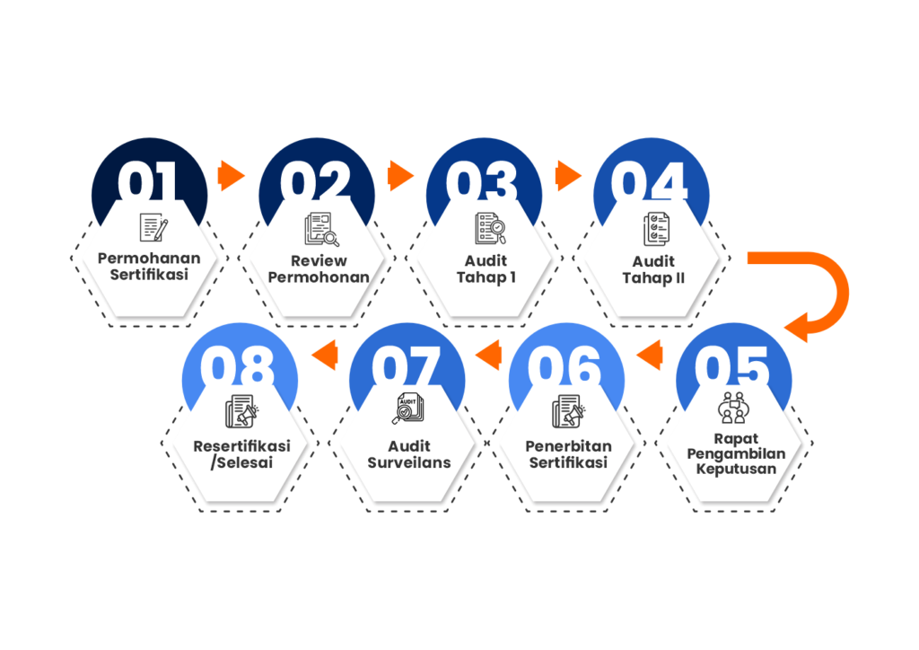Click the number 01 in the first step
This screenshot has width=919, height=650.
[x=149, y=182]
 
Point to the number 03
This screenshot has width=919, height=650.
[x=483, y=182]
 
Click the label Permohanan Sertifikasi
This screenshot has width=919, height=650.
[x=149, y=267]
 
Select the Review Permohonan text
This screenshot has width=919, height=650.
[x=319, y=268]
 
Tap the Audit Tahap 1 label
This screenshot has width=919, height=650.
[x=486, y=268]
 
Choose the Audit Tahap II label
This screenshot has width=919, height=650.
[x=652, y=268]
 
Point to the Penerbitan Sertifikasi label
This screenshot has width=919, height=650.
[x=568, y=453]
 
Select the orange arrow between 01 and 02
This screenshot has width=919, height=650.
[x=232, y=175]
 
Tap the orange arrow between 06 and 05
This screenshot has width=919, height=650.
[x=648, y=358]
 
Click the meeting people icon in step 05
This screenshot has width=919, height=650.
[x=733, y=409]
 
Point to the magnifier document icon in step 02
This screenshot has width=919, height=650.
[x=321, y=229]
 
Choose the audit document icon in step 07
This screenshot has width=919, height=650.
[x=408, y=409]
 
